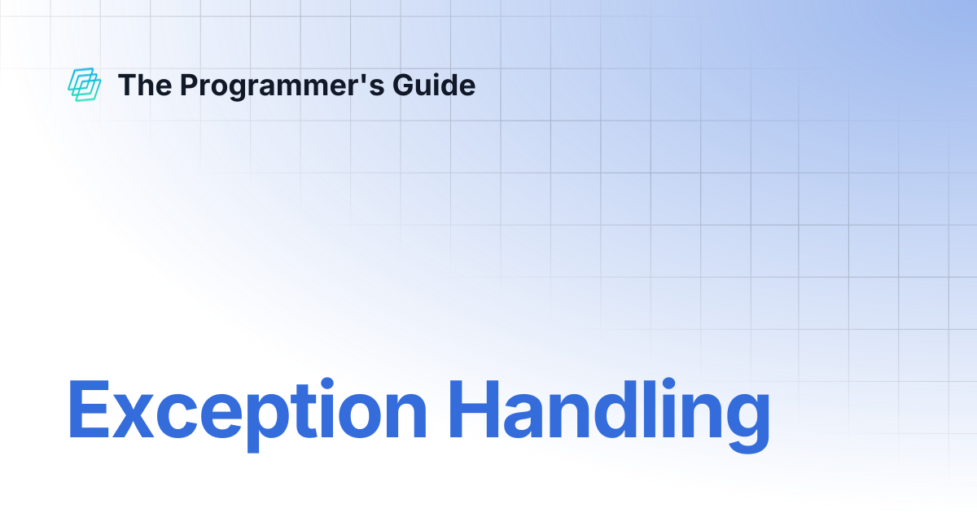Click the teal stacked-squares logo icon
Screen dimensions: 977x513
point(84,85)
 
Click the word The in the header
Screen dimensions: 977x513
point(145,85)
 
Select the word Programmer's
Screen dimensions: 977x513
point(283,86)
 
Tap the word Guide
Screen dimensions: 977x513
point(434,85)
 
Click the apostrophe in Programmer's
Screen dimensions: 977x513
point(361,77)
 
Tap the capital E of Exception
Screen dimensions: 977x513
point(89,409)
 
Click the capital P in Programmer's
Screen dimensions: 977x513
point(191,85)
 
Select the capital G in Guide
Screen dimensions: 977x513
point(404,85)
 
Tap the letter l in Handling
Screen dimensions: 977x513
point(650,409)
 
